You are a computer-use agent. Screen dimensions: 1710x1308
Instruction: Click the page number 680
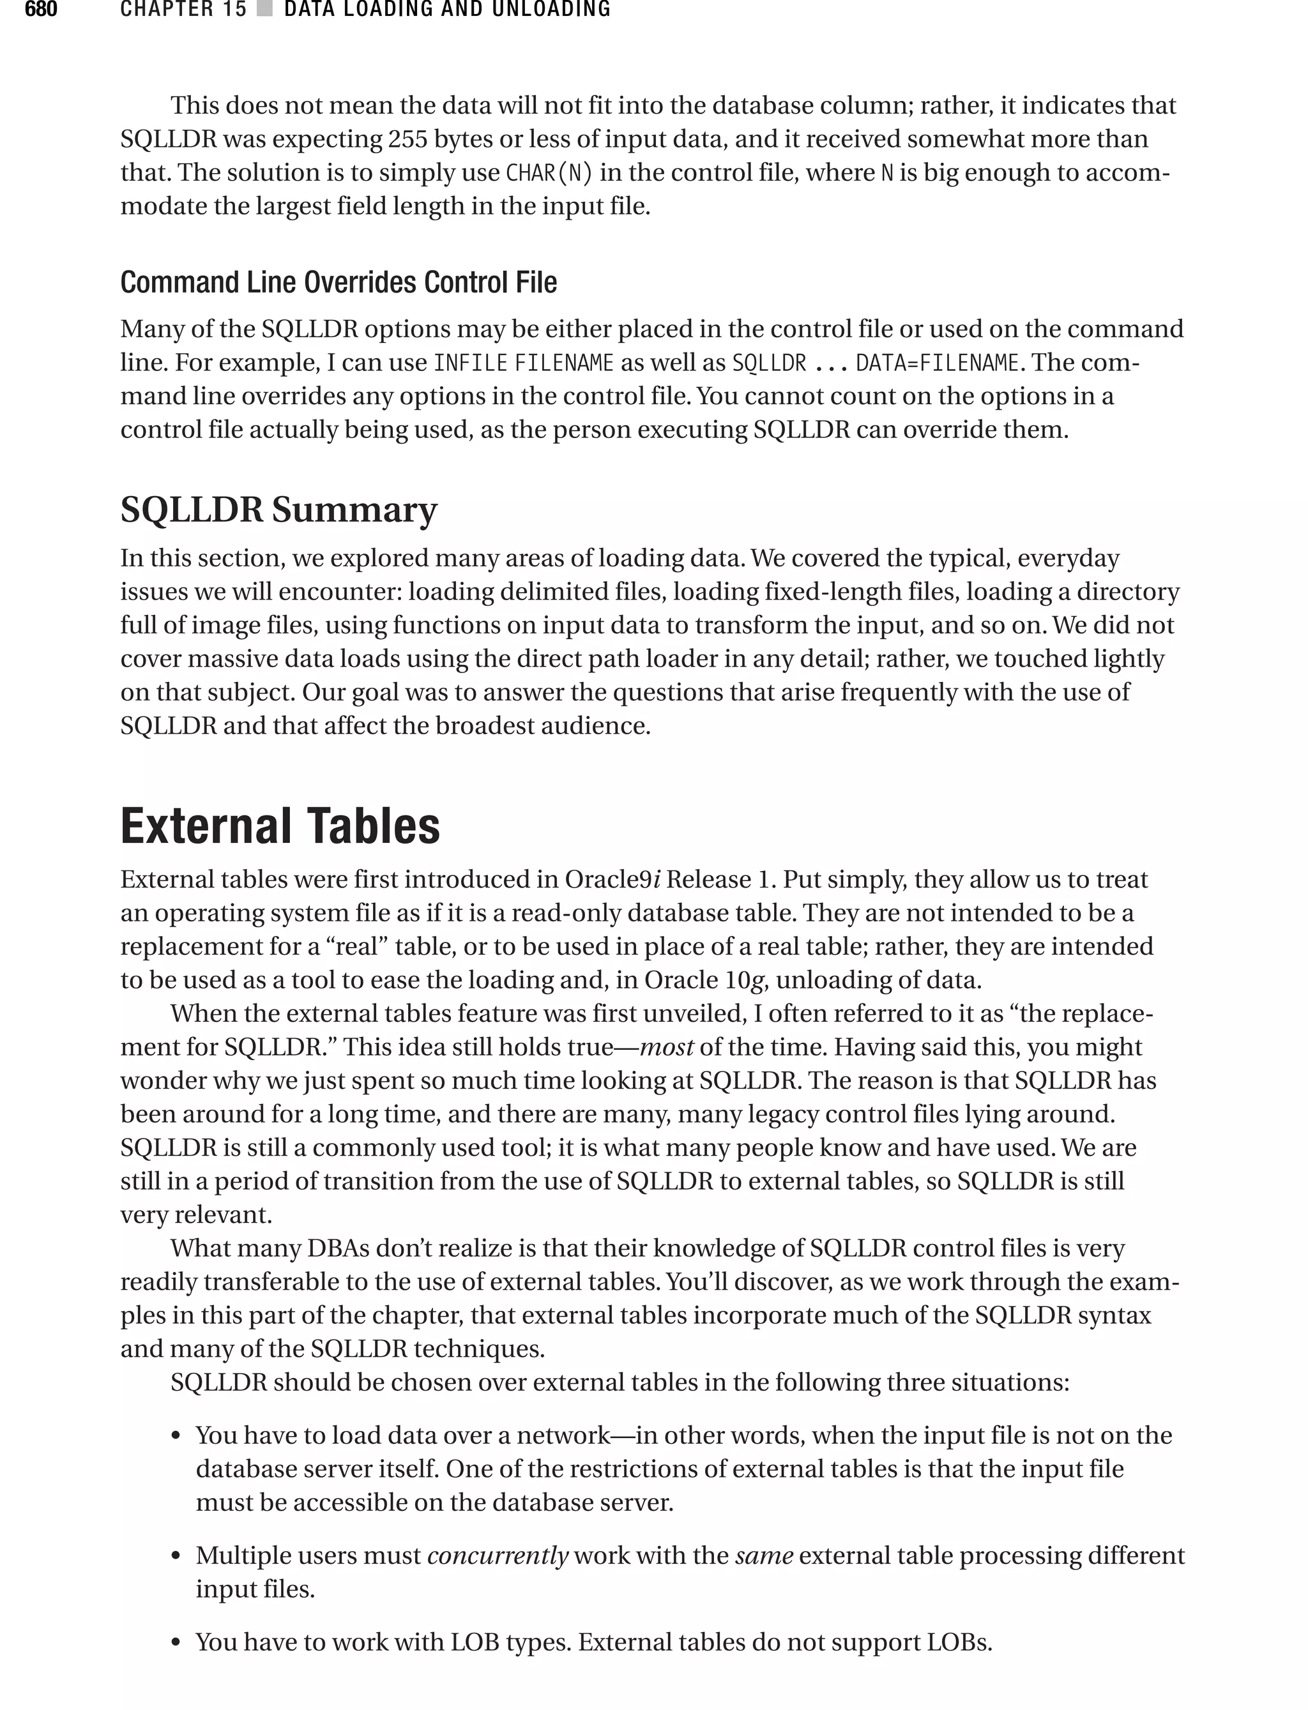point(40,10)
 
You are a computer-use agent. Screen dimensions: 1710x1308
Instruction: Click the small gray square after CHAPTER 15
point(264,10)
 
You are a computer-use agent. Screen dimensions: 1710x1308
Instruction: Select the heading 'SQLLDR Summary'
point(278,510)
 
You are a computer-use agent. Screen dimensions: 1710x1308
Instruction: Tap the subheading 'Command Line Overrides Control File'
point(338,282)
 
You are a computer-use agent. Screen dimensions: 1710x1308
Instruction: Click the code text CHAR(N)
point(549,172)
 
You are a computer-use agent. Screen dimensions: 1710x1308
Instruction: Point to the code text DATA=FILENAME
point(937,363)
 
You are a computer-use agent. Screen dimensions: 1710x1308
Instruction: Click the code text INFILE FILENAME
point(523,363)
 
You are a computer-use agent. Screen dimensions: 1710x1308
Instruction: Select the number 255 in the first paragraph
point(409,139)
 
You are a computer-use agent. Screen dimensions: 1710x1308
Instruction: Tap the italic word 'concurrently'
point(498,1555)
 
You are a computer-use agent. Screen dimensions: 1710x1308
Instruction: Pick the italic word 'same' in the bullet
point(764,1555)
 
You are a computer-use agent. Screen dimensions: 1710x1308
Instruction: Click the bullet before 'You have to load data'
point(176,1436)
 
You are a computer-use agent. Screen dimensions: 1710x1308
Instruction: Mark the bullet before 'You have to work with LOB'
point(176,1643)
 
